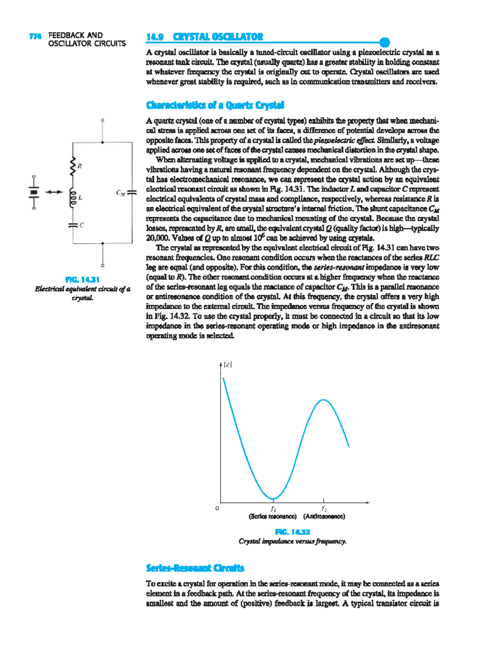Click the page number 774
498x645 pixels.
35,36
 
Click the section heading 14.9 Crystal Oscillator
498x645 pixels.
205,37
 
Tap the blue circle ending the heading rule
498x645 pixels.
385,42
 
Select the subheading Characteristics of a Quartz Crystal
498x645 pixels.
215,105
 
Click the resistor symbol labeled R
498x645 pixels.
73,166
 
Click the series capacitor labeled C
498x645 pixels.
73,225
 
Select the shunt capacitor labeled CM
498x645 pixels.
132,192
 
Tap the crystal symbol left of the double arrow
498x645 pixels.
34,192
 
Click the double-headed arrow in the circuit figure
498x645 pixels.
54,192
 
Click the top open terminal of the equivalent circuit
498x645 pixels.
103,120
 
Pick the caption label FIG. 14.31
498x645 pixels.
82,280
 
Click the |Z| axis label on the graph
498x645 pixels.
227,365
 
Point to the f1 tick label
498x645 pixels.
273,509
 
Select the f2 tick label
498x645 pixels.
324,509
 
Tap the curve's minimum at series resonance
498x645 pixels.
273,498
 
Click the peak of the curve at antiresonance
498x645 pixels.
323,400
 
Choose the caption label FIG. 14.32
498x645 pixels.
292,532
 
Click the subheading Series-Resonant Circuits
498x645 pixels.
195,568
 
